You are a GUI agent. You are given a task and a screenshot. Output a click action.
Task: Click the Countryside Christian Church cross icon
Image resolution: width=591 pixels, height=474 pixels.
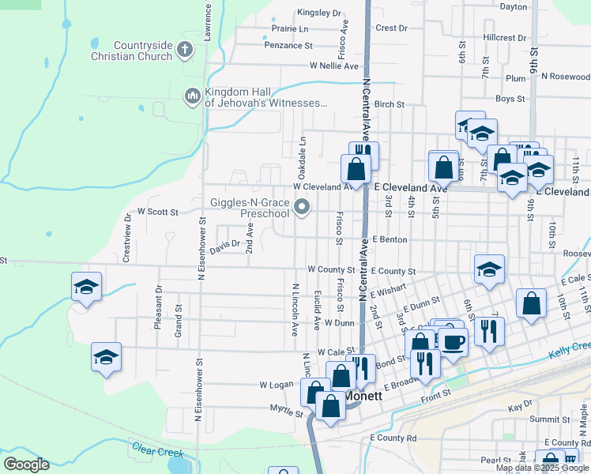184,51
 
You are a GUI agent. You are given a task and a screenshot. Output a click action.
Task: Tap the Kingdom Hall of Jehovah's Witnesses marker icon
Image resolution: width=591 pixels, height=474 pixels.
191,96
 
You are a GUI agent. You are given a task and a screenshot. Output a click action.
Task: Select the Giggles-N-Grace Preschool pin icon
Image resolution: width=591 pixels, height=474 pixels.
302,208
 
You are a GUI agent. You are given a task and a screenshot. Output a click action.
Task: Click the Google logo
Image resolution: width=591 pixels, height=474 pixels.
27,465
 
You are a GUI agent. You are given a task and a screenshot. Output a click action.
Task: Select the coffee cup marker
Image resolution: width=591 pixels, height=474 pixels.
454,342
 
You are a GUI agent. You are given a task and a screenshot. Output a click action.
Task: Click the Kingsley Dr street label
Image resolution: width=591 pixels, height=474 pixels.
319,13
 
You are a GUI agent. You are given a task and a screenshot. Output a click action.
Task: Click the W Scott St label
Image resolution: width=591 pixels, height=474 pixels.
158,212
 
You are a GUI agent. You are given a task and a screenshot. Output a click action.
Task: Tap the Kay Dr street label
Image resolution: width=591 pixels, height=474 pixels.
521,405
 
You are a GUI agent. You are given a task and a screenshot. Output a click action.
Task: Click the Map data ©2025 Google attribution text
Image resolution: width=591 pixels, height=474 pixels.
543,468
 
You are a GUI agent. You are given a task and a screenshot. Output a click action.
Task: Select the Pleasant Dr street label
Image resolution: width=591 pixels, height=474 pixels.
158,301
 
